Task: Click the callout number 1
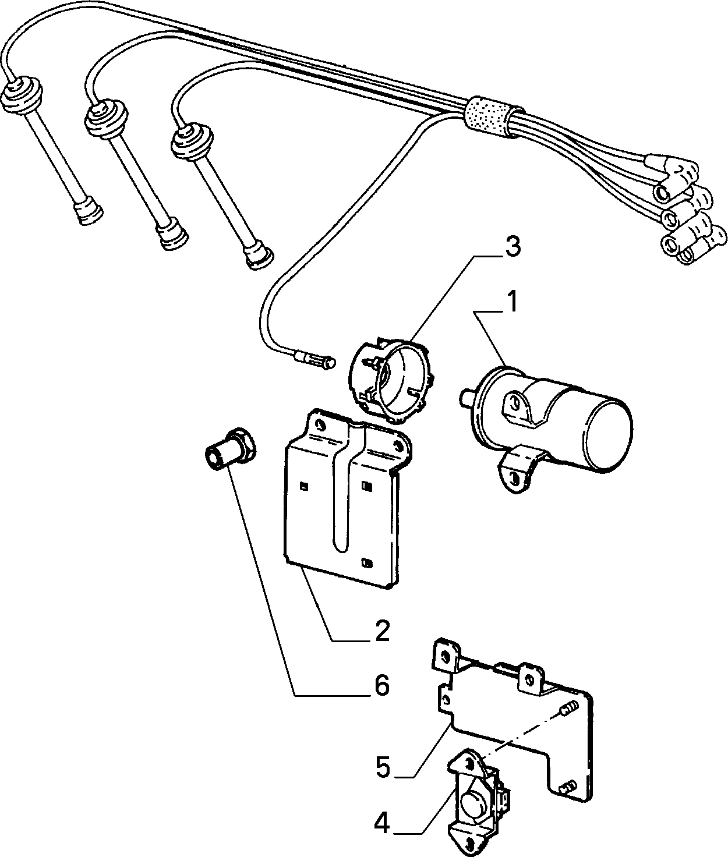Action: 513,302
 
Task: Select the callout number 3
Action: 513,247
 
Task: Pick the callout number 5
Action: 383,767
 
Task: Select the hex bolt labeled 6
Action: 231,452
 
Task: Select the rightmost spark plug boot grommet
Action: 192,140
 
